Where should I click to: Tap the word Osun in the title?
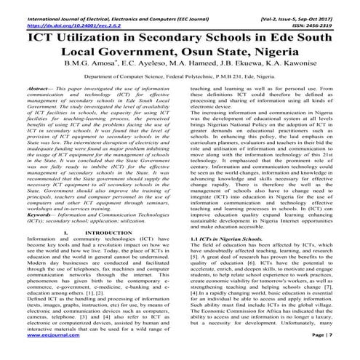pos(225,53)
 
